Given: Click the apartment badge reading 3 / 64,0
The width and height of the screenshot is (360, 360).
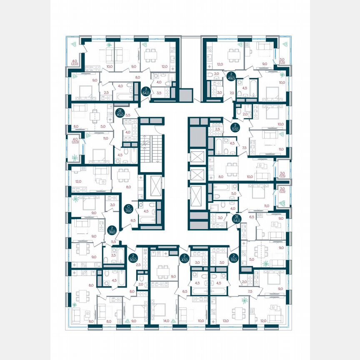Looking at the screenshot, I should click(x=145, y=91).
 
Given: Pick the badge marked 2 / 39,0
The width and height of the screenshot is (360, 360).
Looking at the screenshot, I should click(x=112, y=230).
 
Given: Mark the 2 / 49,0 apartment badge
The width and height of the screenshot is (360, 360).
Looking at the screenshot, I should click(x=232, y=77).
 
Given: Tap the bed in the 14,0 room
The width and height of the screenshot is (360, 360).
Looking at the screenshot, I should click(x=159, y=309).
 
